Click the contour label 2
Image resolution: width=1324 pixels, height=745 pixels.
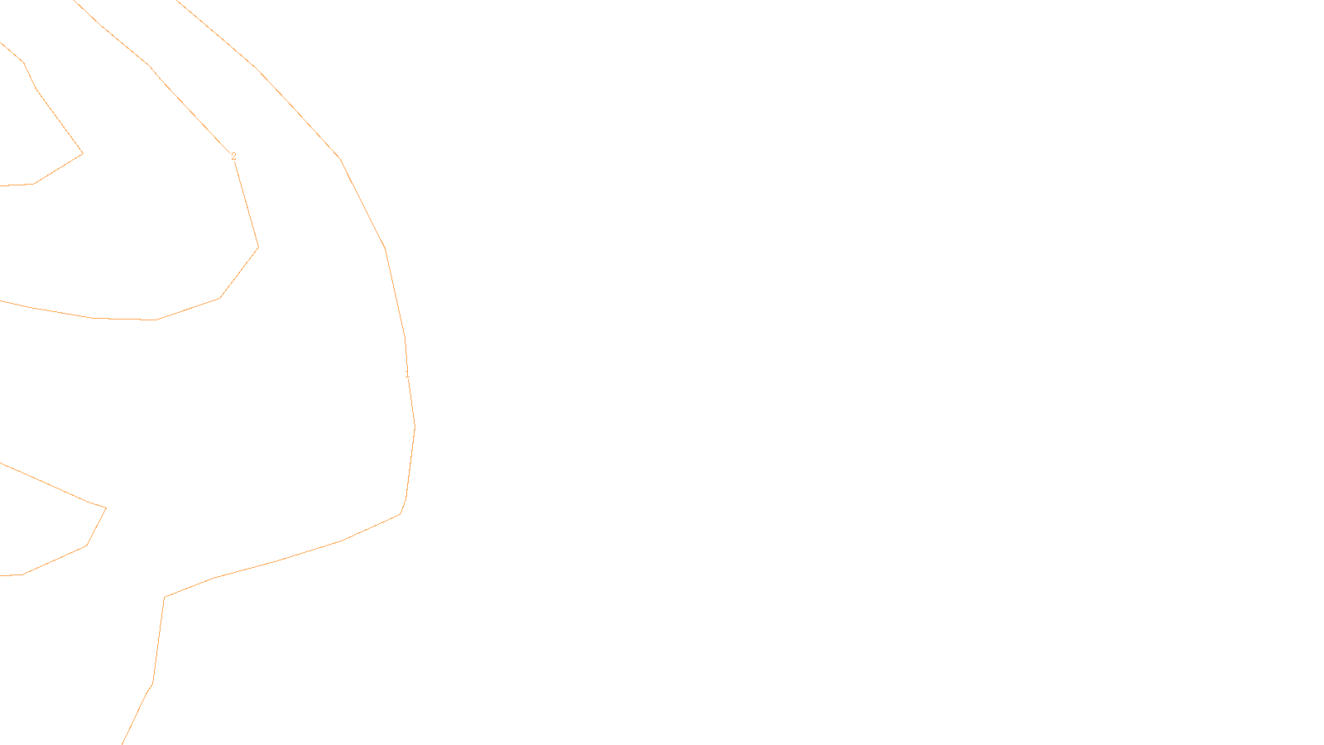[233, 156]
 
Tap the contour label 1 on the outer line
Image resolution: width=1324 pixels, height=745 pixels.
[407, 374]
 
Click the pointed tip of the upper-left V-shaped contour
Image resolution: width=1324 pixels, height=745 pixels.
[83, 153]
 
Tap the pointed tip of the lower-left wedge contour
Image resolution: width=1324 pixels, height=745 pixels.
[106, 507]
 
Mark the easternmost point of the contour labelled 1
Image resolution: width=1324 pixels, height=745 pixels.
[415, 426]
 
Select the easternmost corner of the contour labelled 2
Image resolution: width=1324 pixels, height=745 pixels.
[258, 247]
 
